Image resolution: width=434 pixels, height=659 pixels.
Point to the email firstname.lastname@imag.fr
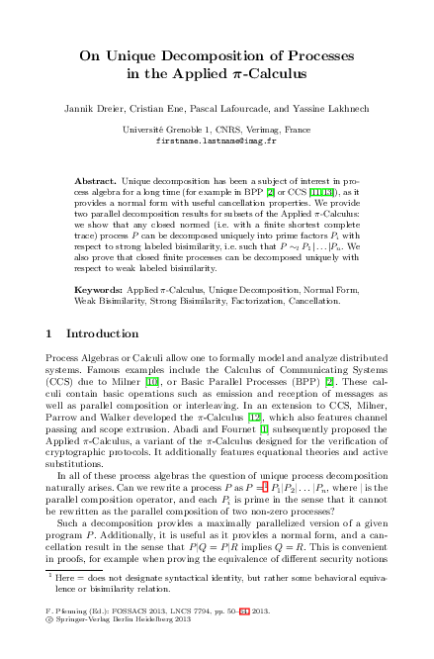tap(217, 141)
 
